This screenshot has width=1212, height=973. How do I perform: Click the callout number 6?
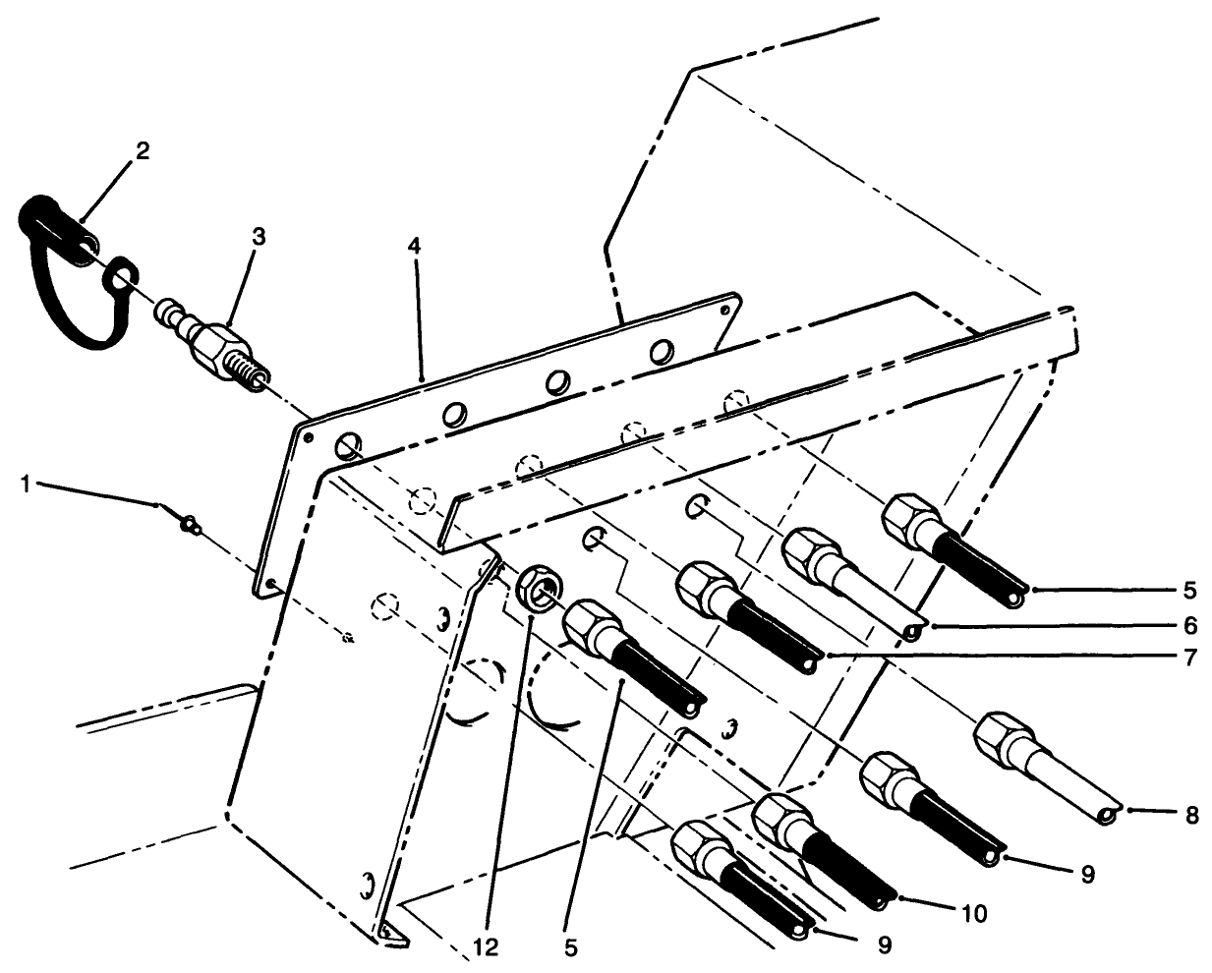(x=1189, y=625)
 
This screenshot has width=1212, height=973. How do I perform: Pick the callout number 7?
(x=1189, y=657)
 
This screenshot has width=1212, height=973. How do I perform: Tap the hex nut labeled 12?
(x=537, y=586)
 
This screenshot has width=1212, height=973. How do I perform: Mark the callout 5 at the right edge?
(x=1189, y=591)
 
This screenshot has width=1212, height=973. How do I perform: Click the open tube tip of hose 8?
(x=1109, y=815)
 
